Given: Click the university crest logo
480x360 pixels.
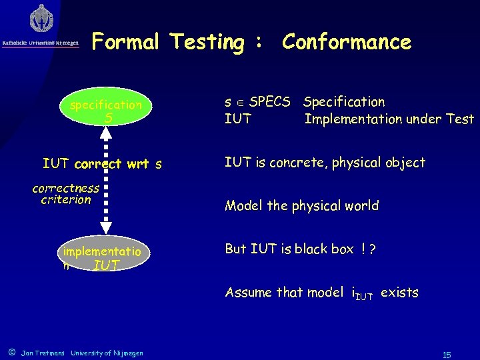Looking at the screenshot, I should tap(42, 19).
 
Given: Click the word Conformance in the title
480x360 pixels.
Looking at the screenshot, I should tap(347, 42).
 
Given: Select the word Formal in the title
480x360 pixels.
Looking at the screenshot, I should tap(126, 42).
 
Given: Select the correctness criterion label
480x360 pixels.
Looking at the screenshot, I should tap(65, 193).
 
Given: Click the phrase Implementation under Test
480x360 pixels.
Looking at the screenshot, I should tap(389, 119).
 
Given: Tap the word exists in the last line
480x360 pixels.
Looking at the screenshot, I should tap(399, 292).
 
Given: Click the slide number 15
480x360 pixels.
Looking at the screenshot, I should tap(446, 355).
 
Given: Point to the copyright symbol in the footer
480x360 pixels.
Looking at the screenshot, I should tap(11, 352).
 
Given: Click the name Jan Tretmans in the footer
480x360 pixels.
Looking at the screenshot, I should tap(43, 353).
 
